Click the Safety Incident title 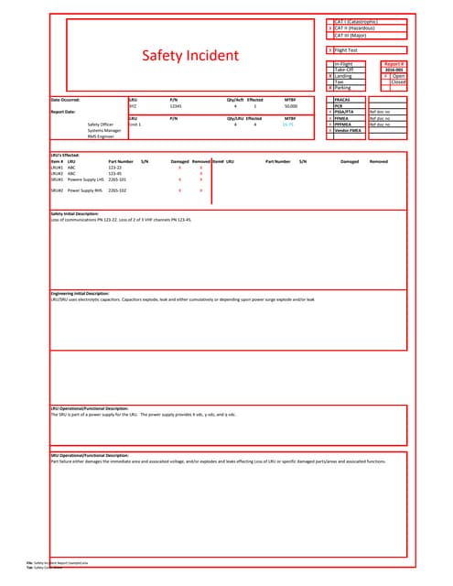189,57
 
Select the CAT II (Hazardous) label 361,28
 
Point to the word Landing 344,76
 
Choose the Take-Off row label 344,70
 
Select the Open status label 398,76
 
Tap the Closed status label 398,81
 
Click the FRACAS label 344,99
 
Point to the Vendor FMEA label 349,130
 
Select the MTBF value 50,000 290,106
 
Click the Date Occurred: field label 66,99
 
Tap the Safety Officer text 101,125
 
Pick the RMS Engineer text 100,136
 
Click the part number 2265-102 118,190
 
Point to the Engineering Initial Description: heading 84,293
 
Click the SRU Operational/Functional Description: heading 89,455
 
